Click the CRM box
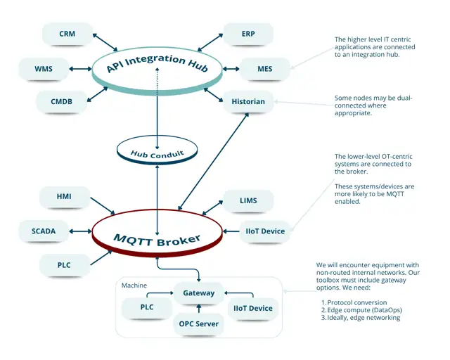[x=67, y=33]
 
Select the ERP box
[x=248, y=33]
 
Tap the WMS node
[x=43, y=69]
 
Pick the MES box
[x=264, y=69]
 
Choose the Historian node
[x=248, y=102]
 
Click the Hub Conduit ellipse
[x=157, y=153]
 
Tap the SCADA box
[x=43, y=231]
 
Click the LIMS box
[x=247, y=200]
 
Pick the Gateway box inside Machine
[x=199, y=292]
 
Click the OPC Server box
[x=199, y=324]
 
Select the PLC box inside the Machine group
[x=146, y=307]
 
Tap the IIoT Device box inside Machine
[x=252, y=308]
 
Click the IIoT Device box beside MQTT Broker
[x=265, y=231]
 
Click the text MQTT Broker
[x=157, y=240]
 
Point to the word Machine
[x=134, y=285]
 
